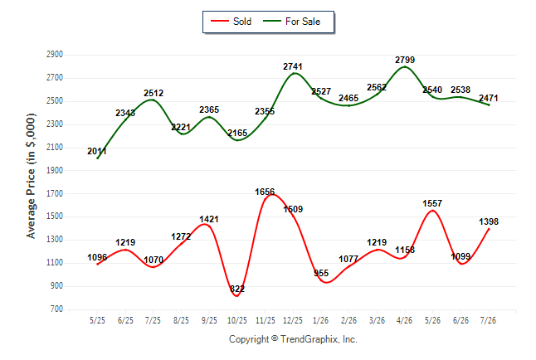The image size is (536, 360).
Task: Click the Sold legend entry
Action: click(x=231, y=22)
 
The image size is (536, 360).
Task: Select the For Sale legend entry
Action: click(x=291, y=22)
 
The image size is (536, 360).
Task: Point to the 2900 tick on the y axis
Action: click(x=55, y=55)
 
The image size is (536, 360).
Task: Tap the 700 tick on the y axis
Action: click(x=56, y=309)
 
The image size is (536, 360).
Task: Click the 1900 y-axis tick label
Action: click(x=55, y=170)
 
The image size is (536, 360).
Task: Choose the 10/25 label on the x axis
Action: click(x=237, y=320)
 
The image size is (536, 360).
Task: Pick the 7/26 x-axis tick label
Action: click(x=488, y=320)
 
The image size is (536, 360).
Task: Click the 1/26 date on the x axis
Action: click(x=320, y=320)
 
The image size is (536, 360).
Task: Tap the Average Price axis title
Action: click(x=31, y=176)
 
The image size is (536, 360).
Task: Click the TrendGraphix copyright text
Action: click(x=293, y=339)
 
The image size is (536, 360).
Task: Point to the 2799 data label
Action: click(x=405, y=60)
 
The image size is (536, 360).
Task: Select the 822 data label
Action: click(x=237, y=289)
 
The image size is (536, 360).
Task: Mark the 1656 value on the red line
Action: click(x=265, y=192)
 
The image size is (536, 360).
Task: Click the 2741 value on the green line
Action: click(x=293, y=66)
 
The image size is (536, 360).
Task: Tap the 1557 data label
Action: click(x=432, y=203)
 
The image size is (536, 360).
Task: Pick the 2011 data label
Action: click(x=97, y=151)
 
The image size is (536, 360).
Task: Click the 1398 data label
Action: click(x=489, y=221)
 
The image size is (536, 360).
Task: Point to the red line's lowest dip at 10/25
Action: click(x=237, y=296)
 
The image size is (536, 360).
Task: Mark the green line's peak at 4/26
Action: click(x=405, y=66)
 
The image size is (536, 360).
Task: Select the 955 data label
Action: click(x=321, y=273)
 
